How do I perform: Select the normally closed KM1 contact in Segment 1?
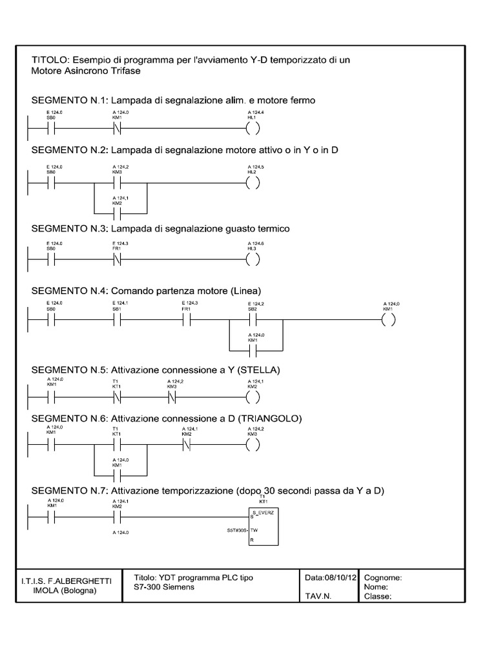click(x=117, y=127)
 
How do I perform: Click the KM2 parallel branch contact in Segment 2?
click(x=117, y=211)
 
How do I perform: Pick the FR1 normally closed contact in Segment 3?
click(x=117, y=261)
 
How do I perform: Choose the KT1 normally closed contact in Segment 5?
click(x=117, y=396)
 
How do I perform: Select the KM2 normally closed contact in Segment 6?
click(x=185, y=445)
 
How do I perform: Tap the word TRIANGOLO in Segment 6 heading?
click(x=273, y=418)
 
